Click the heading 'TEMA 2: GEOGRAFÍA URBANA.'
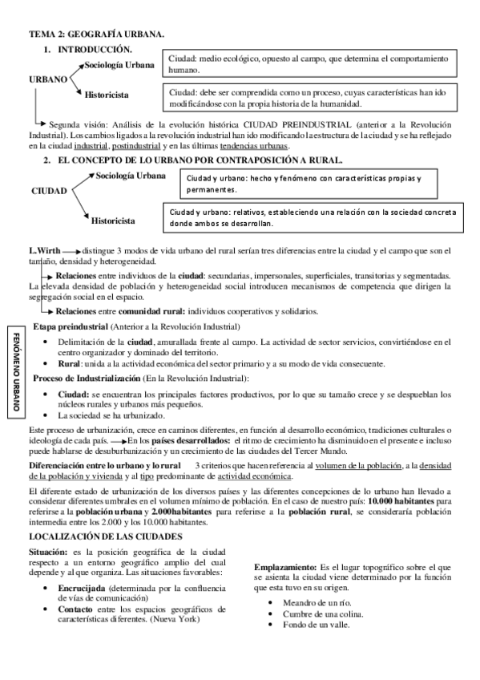click(x=96, y=35)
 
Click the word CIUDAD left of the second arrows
click(x=49, y=191)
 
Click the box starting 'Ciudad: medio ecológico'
click(x=311, y=65)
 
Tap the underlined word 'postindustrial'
click(x=135, y=146)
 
